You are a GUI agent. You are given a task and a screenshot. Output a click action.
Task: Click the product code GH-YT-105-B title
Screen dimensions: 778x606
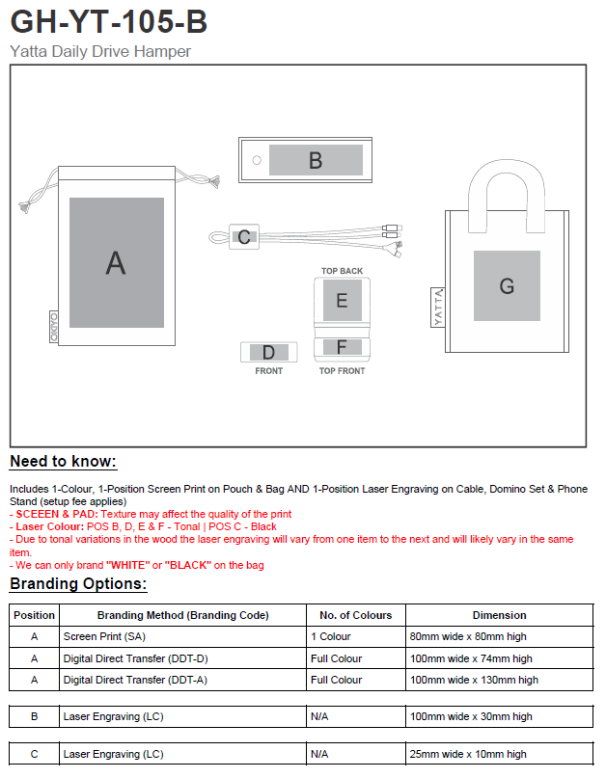coord(109,22)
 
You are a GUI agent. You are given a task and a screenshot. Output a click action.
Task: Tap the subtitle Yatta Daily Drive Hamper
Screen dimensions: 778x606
coord(100,51)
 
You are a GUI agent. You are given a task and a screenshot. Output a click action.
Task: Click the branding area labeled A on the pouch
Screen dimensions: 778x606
coord(116,262)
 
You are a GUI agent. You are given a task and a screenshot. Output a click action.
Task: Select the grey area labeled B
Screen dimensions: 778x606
coord(316,160)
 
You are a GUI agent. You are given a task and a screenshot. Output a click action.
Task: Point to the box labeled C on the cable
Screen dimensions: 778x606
coord(244,236)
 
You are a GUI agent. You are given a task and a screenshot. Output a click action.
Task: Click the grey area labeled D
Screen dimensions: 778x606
coord(268,353)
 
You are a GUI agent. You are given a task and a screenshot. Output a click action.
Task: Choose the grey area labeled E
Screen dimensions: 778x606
coord(342,301)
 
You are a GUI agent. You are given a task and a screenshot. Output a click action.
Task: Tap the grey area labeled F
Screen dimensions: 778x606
coord(342,346)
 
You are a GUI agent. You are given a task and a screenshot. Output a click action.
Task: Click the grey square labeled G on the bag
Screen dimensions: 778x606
coord(507,285)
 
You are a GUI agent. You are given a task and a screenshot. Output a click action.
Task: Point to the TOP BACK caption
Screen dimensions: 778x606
coord(342,271)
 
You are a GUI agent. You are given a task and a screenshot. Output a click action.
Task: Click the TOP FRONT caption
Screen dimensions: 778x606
coord(342,371)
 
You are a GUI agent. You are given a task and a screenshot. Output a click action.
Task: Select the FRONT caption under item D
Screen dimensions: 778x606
coord(268,371)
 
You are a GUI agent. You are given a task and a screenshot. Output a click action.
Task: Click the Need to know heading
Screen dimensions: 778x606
coord(63,462)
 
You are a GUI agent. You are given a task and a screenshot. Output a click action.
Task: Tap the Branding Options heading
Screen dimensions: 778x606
coord(78,584)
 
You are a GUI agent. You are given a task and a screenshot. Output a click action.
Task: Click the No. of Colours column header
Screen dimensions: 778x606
coord(355,615)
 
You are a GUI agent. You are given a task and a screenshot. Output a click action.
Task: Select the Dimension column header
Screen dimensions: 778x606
coord(499,615)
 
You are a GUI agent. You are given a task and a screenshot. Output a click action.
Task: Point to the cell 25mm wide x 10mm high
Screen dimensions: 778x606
coord(469,754)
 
